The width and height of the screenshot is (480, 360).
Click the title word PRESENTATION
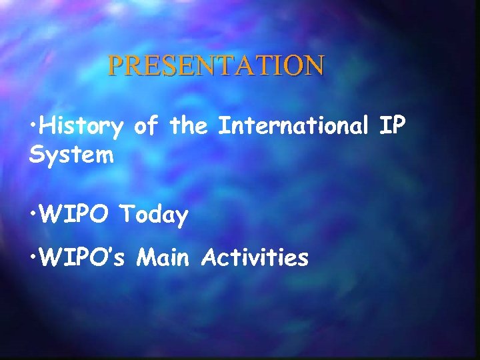coord(217,65)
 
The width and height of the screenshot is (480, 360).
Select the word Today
coord(154,215)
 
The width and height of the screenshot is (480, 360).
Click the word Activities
coord(255,257)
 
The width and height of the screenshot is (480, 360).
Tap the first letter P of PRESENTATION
coord(115,65)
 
